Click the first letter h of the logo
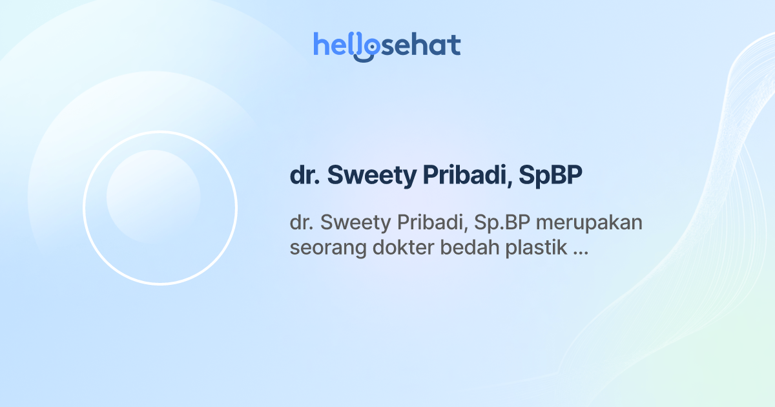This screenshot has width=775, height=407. [x=320, y=44]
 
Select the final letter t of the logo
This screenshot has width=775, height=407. [x=455, y=45]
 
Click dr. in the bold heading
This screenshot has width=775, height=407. [x=304, y=176]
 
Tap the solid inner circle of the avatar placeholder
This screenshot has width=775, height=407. [x=153, y=196]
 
